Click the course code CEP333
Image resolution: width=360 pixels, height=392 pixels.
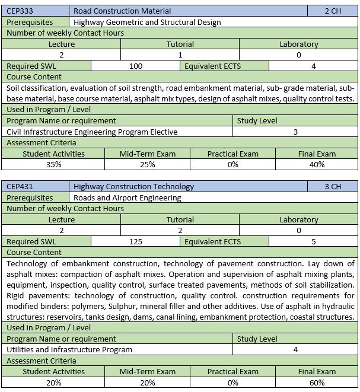point(19,11)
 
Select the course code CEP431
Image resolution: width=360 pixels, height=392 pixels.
point(19,187)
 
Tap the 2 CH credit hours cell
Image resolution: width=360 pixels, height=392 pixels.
point(333,11)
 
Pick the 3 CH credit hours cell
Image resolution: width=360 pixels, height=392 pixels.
point(333,187)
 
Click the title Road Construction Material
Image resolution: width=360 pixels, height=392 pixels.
point(122,11)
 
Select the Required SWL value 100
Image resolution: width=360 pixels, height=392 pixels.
point(135,66)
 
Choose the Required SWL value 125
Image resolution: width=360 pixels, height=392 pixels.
point(135,241)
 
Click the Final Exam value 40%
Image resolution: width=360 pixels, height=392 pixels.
point(317,164)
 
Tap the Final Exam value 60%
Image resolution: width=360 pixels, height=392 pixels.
point(317,383)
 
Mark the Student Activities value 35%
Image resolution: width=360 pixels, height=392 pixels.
point(53,164)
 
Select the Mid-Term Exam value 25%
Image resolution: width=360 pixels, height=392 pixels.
point(148,164)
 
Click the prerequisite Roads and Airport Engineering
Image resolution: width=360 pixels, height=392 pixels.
point(127,197)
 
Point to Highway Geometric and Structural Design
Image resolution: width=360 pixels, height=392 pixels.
point(147,22)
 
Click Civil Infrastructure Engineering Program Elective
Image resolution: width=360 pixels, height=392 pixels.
point(92,132)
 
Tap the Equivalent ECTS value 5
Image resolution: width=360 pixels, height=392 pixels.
point(313,241)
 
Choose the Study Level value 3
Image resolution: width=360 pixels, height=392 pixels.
point(295,132)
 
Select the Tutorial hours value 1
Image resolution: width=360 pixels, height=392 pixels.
point(180,55)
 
